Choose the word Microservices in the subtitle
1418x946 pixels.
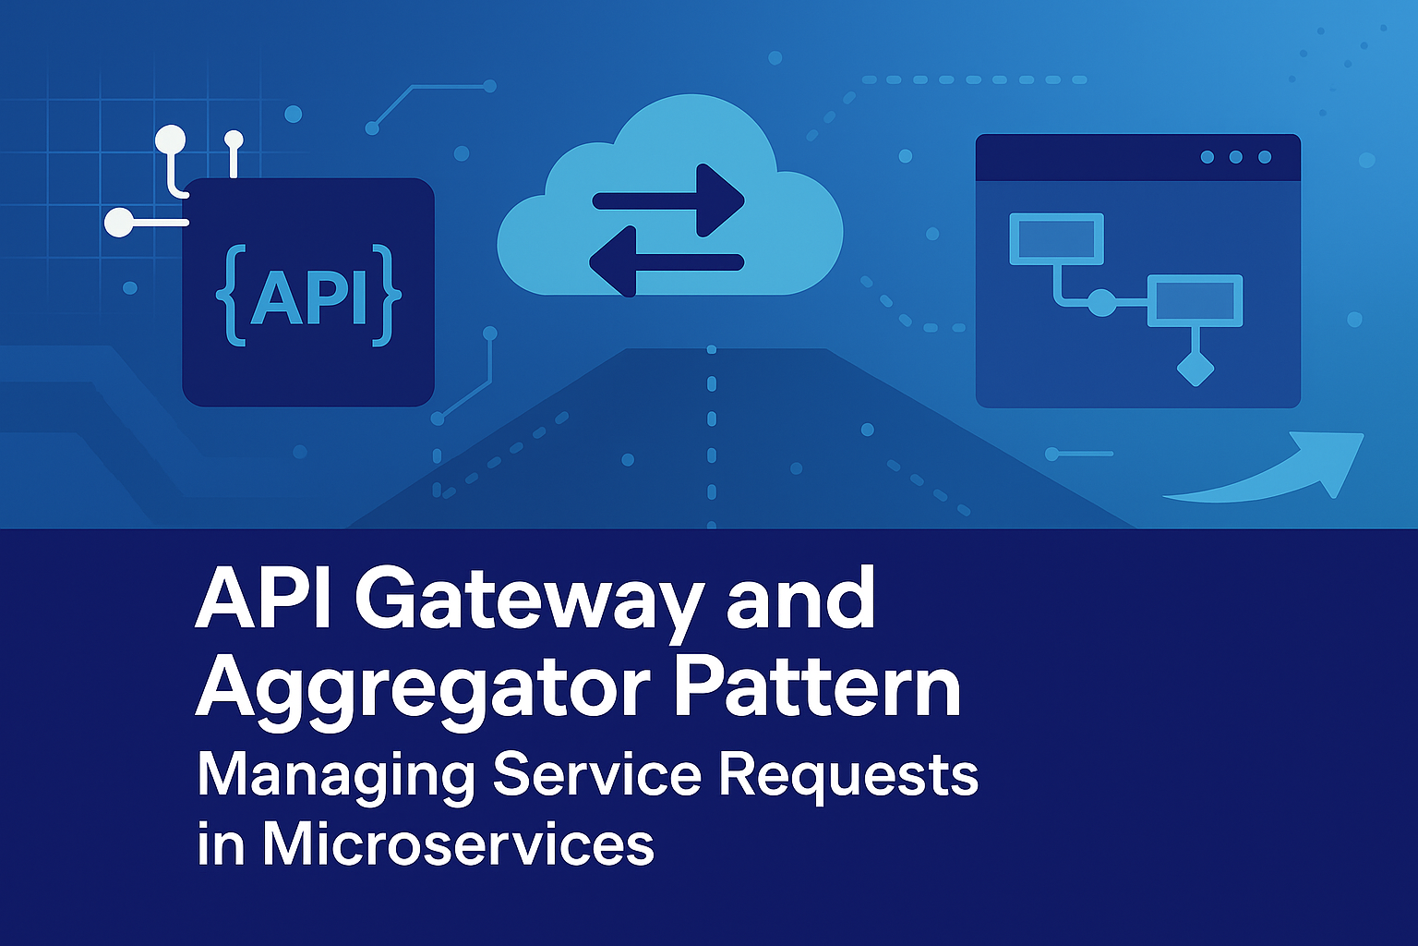point(458,843)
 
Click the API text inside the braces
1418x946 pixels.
point(308,297)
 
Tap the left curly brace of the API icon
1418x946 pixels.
point(230,297)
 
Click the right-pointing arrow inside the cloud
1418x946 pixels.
point(668,200)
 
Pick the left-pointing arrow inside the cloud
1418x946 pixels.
point(666,262)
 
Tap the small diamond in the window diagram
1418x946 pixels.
point(1195,369)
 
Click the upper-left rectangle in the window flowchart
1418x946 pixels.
point(1056,238)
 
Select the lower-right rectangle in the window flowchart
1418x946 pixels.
point(1195,300)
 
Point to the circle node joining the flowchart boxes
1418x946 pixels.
point(1101,301)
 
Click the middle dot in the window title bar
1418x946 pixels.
point(1235,157)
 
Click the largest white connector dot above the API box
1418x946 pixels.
point(170,140)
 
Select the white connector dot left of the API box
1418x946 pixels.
point(118,223)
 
